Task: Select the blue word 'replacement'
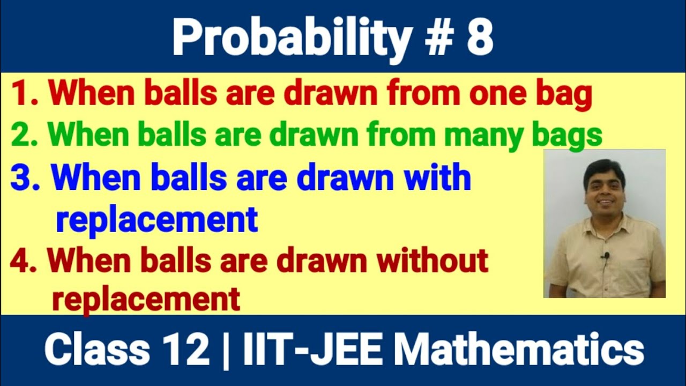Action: click(x=156, y=220)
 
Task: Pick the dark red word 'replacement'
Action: click(x=146, y=299)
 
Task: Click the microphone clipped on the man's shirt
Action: click(x=606, y=256)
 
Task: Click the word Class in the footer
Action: click(x=97, y=350)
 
